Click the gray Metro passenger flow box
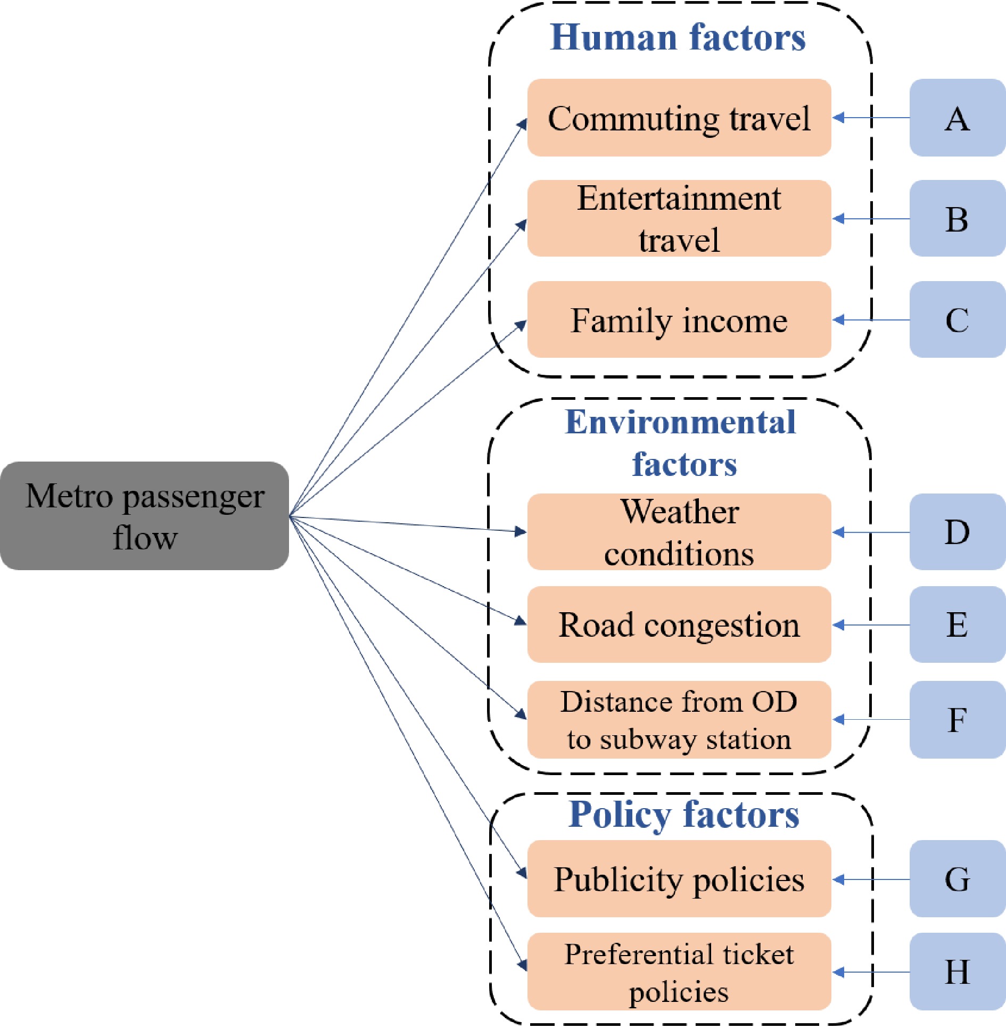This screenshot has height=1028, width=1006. [x=144, y=515]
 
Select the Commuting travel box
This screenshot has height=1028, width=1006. [x=679, y=118]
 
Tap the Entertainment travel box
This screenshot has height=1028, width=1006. [x=679, y=218]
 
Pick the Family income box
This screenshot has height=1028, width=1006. [x=679, y=319]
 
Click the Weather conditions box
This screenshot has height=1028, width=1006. [x=679, y=531]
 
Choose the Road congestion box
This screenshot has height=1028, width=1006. [x=679, y=624]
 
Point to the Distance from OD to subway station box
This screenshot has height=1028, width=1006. [x=679, y=719]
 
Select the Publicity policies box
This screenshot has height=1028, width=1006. [x=679, y=879]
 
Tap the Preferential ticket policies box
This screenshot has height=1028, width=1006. [x=679, y=972]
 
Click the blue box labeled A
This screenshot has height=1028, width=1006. [x=957, y=118]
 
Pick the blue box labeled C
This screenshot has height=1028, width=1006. [x=957, y=319]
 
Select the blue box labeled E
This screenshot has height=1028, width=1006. [x=957, y=624]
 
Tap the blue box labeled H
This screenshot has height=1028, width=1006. [x=957, y=972]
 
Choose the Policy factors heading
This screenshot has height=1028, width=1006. [x=683, y=815]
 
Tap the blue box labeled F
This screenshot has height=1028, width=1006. [x=957, y=719]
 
